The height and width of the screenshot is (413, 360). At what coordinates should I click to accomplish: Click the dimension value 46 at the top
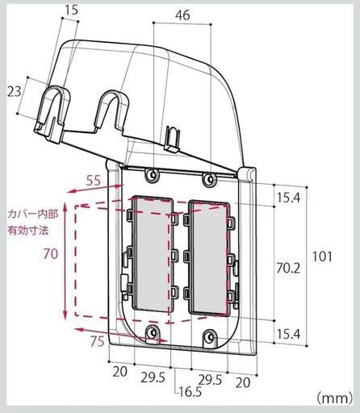point(182,15)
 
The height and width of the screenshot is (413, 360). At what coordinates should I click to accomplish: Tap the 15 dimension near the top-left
point(71,10)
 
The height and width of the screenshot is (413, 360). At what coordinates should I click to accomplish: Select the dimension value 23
point(14,91)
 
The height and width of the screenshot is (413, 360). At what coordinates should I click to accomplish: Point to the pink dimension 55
point(94,181)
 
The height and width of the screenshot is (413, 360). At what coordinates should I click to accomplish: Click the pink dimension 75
point(97,341)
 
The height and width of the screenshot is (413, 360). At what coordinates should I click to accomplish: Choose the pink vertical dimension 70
point(50,253)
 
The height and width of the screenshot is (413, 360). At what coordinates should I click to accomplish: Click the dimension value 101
point(322,257)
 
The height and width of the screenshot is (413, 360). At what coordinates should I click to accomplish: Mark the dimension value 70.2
point(288,268)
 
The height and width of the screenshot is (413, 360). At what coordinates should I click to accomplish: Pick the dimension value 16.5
point(190,392)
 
